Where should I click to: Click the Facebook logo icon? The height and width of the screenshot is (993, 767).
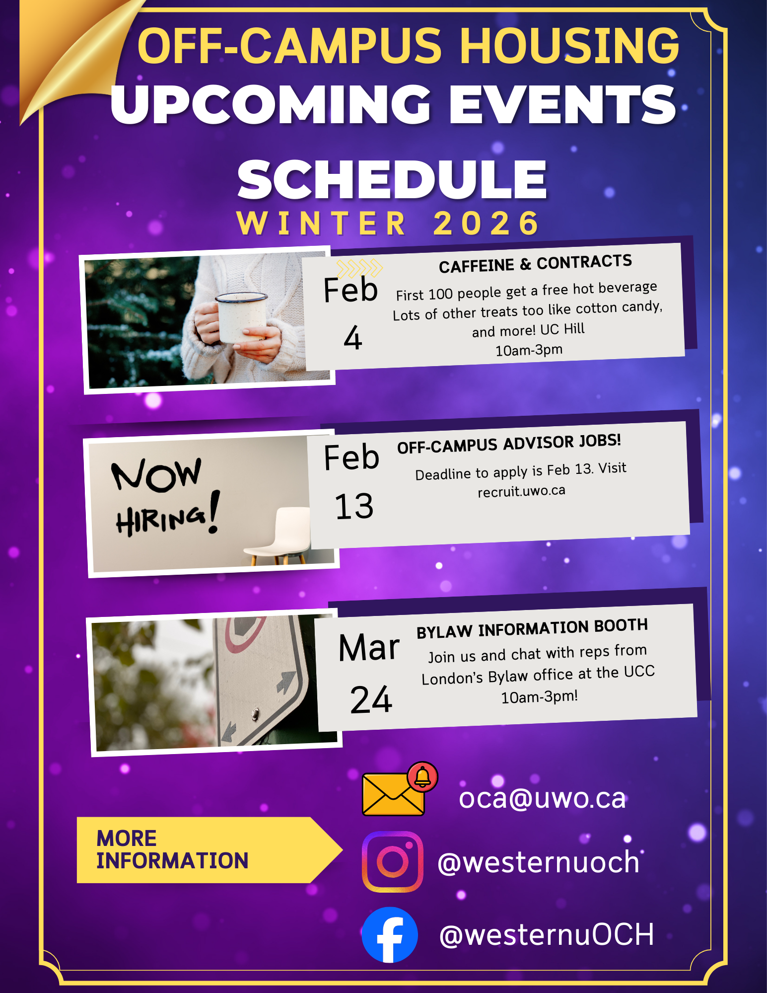(x=390, y=934)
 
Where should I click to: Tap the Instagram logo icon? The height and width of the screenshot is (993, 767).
(x=393, y=862)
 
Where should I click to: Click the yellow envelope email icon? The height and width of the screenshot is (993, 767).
(x=393, y=794)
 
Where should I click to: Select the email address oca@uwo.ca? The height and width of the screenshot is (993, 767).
(x=542, y=798)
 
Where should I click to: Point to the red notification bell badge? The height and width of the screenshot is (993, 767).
(x=422, y=776)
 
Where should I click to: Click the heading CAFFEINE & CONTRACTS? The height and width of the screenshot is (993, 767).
(x=535, y=264)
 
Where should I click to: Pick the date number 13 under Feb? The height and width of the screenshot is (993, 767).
(x=354, y=507)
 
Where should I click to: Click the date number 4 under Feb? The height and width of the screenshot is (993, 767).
(x=352, y=338)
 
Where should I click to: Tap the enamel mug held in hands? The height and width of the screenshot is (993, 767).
(x=242, y=317)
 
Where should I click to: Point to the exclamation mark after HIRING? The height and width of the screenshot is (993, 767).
(x=214, y=512)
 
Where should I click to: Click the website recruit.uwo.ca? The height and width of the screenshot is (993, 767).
(x=521, y=491)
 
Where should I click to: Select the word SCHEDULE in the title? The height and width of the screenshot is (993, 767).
(x=392, y=179)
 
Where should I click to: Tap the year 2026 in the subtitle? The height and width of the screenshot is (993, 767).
(x=487, y=223)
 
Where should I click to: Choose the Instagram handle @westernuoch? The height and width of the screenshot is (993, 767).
(x=539, y=862)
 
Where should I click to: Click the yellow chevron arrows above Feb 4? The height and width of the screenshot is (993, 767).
(x=359, y=268)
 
